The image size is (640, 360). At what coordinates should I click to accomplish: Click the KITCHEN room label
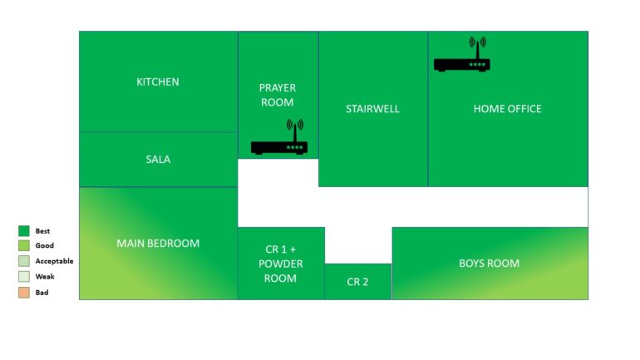[158, 81]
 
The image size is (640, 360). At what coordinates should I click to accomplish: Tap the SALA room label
[158, 159]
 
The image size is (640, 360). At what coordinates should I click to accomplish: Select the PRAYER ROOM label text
[277, 95]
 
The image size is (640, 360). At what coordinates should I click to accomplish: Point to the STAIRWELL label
[372, 109]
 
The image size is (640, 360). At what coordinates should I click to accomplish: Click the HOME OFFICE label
[507, 109]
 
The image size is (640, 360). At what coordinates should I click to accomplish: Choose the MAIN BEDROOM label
[158, 244]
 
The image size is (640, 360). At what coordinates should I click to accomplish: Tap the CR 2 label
[357, 282]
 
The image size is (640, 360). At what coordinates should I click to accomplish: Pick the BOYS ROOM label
[489, 264]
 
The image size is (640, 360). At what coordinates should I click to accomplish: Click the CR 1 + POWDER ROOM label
[280, 264]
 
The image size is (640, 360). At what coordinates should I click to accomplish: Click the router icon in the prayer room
[279, 136]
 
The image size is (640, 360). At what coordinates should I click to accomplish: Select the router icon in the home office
[462, 54]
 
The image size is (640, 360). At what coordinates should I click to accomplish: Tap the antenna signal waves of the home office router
[478, 42]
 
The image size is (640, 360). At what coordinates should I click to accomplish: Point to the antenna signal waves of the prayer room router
[295, 125]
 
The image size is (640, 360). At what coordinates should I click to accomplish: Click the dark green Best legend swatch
[24, 231]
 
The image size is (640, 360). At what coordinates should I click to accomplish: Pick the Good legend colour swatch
[24, 245]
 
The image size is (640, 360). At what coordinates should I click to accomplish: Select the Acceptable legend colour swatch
[24, 261]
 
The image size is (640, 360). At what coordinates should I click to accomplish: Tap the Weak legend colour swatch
[24, 276]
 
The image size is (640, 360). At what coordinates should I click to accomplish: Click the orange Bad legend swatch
[24, 293]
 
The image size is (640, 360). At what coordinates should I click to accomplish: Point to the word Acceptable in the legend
[54, 261]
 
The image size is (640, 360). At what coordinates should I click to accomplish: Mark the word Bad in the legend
[42, 293]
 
